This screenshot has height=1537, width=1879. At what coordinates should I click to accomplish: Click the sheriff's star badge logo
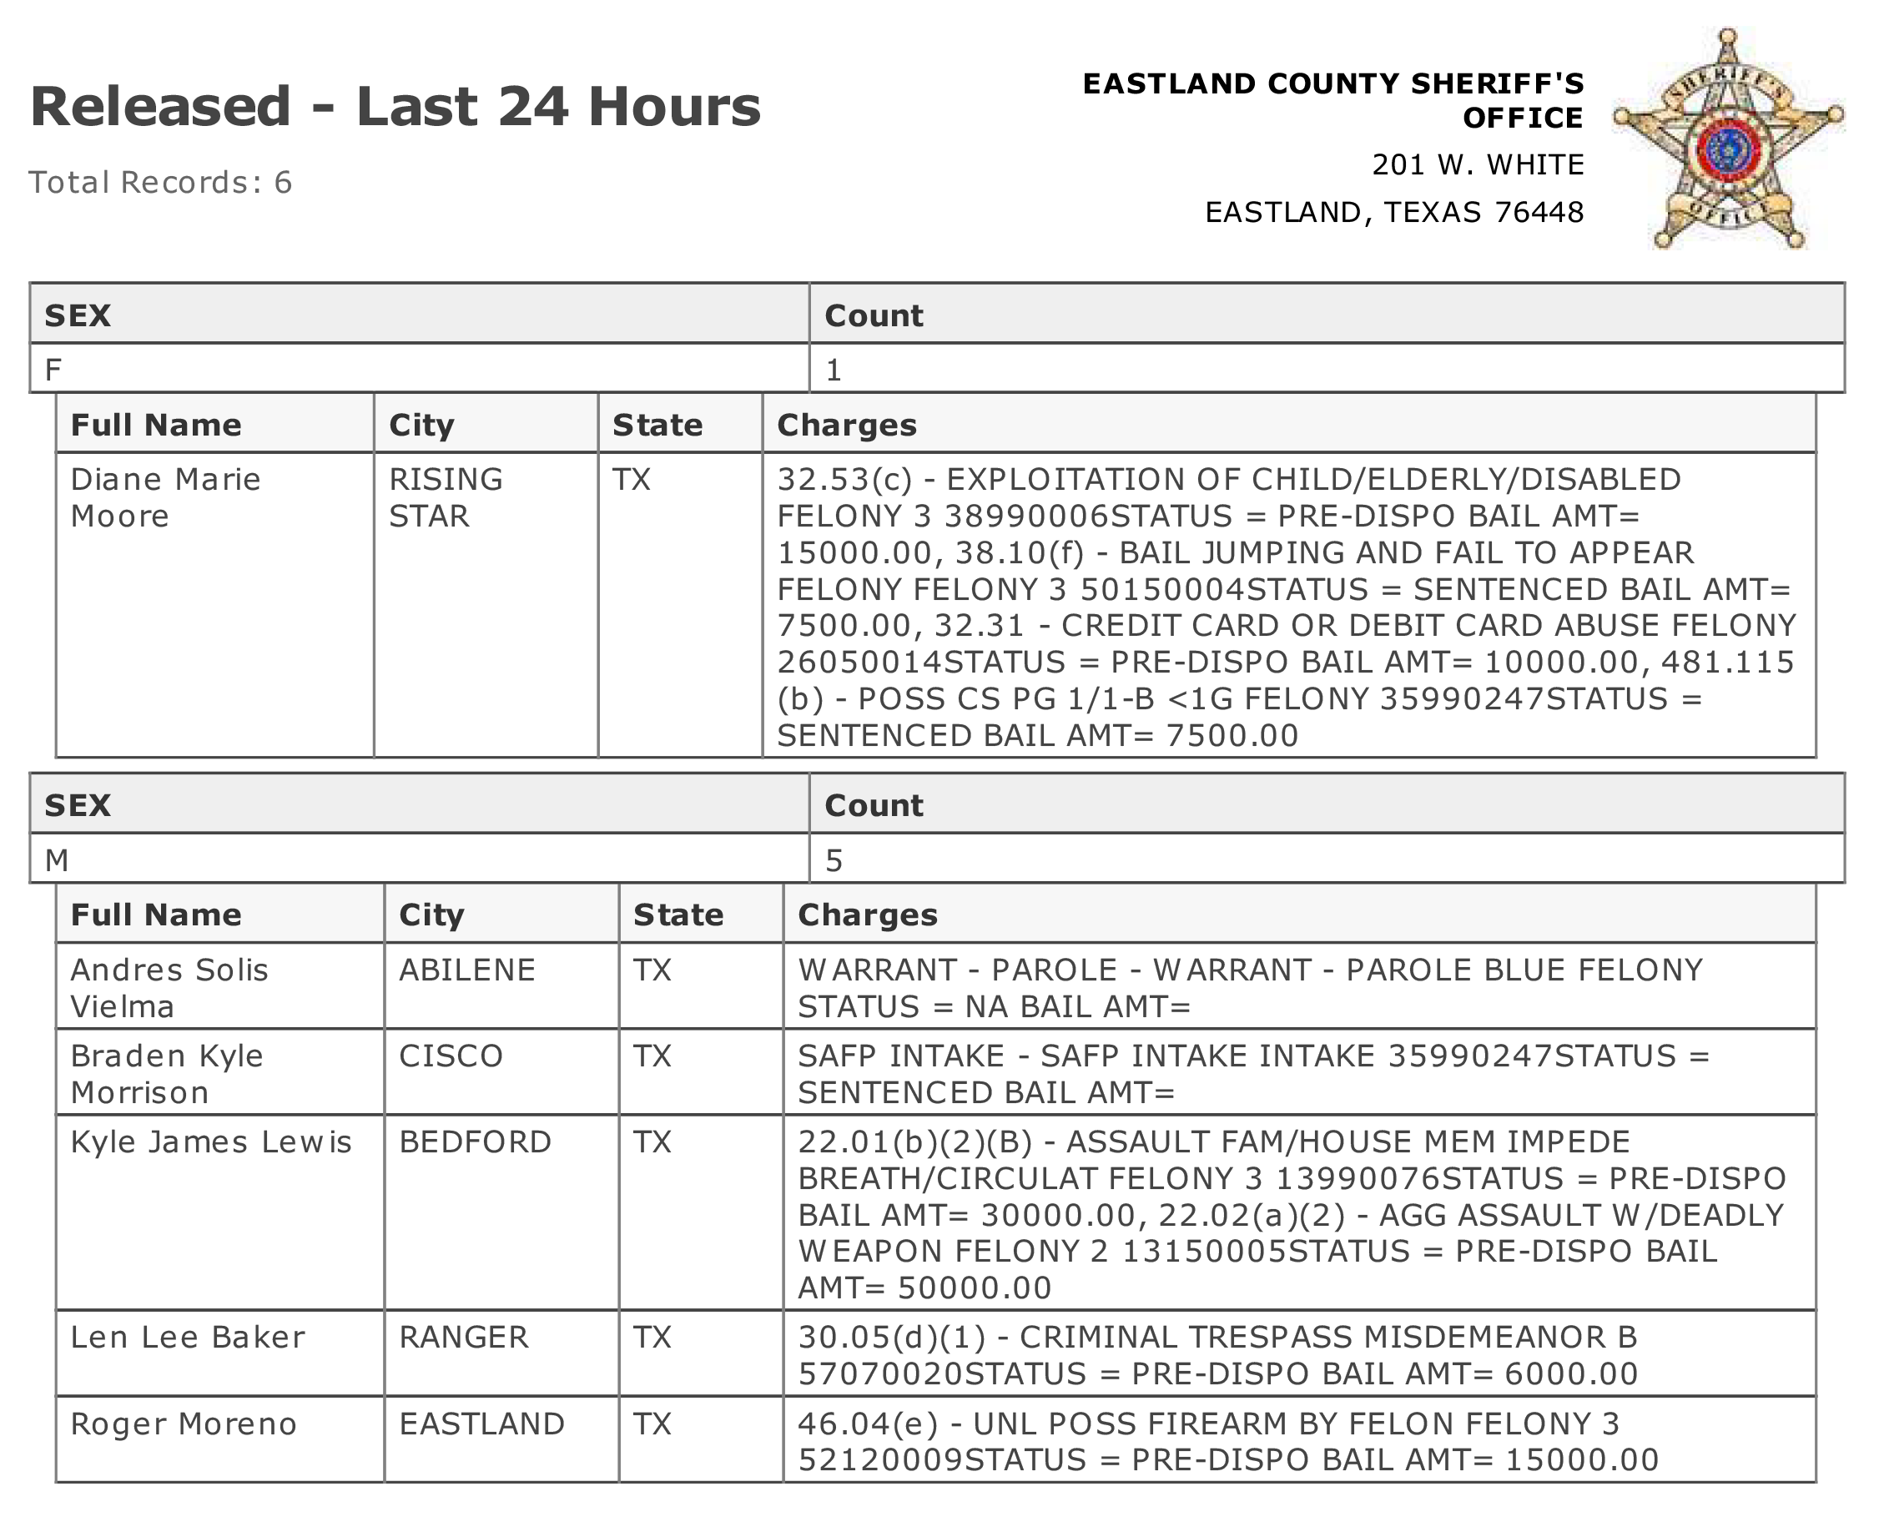tap(1727, 142)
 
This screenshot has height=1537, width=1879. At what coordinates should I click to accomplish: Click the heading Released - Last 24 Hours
tap(395, 107)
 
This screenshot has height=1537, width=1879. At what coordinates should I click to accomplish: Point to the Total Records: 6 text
tap(160, 183)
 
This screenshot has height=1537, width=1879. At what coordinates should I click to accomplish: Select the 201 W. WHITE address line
tap(1477, 164)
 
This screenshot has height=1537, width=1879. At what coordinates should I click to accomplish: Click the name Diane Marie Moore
tap(165, 497)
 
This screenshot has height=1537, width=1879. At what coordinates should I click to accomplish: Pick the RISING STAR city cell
tap(446, 497)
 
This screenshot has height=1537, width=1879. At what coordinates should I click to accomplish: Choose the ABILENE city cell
tap(467, 970)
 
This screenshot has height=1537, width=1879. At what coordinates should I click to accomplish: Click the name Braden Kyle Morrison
tap(166, 1074)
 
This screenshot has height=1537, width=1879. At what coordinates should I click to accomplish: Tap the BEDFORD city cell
tap(476, 1142)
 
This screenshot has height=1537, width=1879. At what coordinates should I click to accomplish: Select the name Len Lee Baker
tap(188, 1337)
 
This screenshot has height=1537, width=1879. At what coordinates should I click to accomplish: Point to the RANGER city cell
tap(464, 1337)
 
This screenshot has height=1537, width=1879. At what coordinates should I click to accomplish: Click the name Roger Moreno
tap(184, 1424)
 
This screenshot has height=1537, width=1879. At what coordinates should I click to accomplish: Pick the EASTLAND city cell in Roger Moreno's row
tap(481, 1424)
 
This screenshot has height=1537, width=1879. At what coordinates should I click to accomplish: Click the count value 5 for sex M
tap(834, 860)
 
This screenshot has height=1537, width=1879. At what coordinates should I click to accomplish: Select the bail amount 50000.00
tap(974, 1288)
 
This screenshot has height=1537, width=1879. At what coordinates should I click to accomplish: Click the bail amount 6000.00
tap(1571, 1374)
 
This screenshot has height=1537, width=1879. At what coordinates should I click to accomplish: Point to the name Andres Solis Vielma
tap(169, 988)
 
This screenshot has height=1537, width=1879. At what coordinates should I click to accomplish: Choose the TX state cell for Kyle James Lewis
tap(652, 1142)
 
